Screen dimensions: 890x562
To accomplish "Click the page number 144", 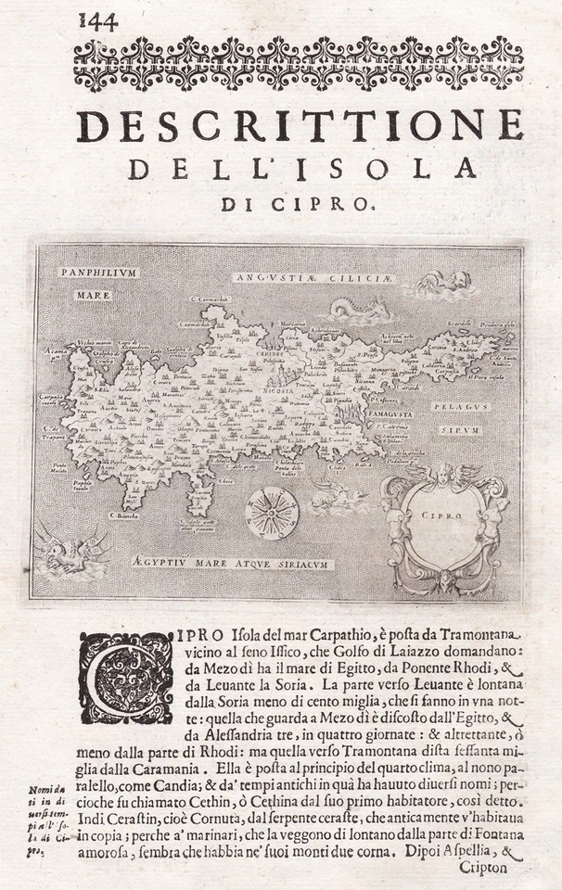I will [x=97, y=20].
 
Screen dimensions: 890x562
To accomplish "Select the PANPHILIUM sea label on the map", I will [x=97, y=273].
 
